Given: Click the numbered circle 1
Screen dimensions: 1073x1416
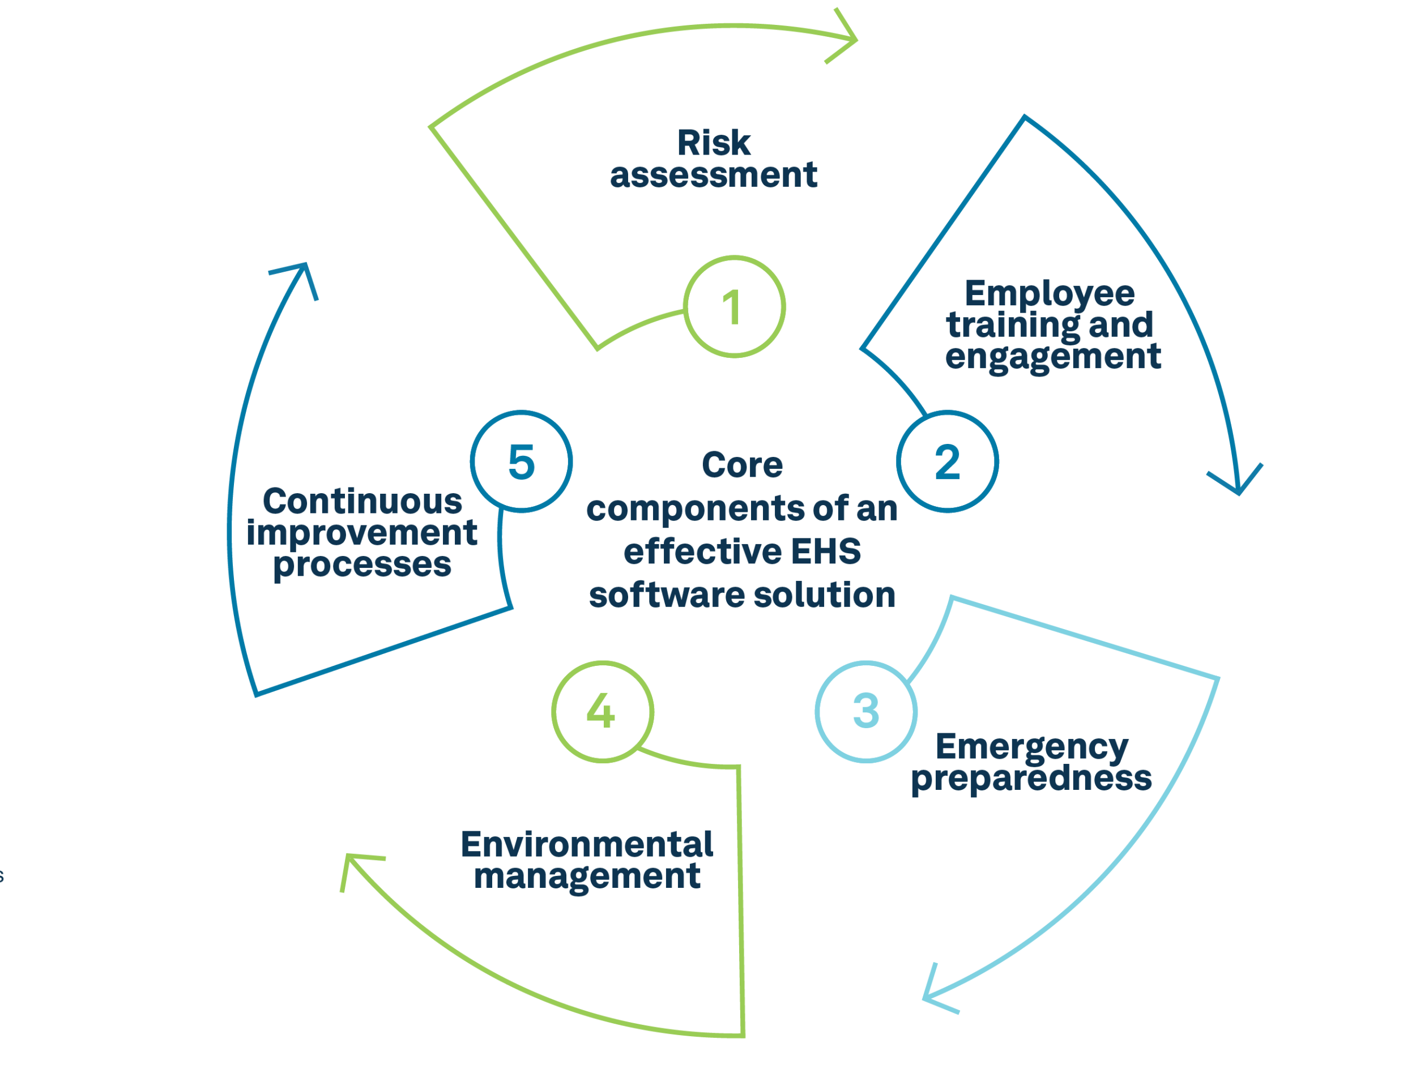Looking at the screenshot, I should coord(733,307).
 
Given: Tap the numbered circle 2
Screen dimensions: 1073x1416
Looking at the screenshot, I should coord(947,461).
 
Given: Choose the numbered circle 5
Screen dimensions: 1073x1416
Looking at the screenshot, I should coord(521,461).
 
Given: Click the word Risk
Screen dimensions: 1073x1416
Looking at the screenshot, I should coord(714,143).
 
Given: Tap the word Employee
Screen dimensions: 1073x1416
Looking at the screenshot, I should coord(1050,294).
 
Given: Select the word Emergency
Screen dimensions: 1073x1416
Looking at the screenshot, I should coord(1032,747).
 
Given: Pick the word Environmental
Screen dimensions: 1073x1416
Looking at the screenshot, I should coord(587,845).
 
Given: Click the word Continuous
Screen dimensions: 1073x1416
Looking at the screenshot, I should coord(362,502).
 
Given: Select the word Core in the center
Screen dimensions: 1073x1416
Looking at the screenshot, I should coord(742,465).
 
